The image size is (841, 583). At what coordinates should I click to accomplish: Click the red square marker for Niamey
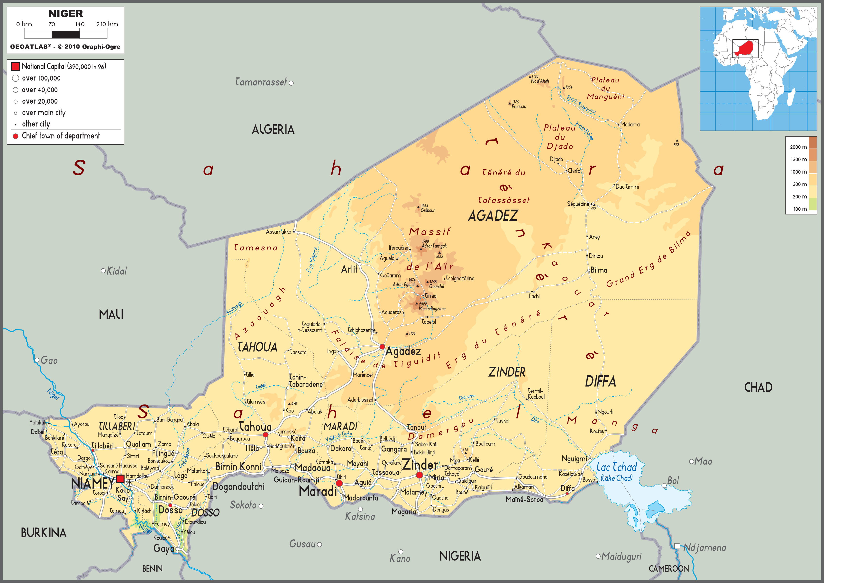click(x=120, y=478)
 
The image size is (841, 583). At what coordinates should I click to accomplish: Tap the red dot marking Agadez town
click(x=382, y=347)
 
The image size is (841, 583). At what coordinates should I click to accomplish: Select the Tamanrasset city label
click(x=261, y=82)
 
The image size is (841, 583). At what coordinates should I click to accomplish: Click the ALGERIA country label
click(x=273, y=129)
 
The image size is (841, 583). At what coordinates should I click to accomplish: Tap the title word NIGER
click(x=66, y=14)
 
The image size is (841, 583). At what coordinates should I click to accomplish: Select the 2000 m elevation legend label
click(x=798, y=147)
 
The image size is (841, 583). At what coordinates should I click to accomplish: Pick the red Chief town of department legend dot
click(x=15, y=136)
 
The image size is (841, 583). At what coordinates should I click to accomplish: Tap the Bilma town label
click(x=599, y=270)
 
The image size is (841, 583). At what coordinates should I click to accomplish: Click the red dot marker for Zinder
click(x=419, y=475)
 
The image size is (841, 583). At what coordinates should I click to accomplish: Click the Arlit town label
click(x=349, y=269)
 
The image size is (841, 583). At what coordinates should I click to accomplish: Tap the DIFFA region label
click(x=600, y=381)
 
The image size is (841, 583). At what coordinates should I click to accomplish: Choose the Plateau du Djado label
click(x=560, y=137)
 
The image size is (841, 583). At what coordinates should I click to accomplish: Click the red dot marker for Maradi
click(x=339, y=483)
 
